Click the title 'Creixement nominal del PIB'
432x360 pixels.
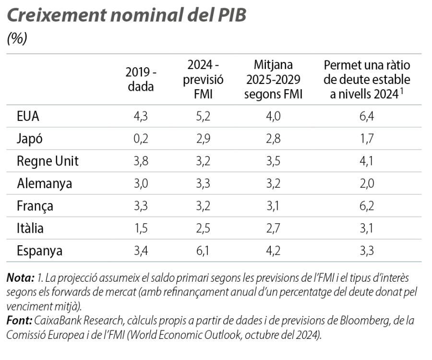pyautogui.click(x=127, y=15)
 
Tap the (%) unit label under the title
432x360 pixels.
pyautogui.click(x=17, y=39)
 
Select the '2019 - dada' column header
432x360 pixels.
pyautogui.click(x=141, y=79)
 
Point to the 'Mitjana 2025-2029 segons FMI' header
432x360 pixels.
pyautogui.click(x=273, y=79)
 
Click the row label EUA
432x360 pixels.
pyautogui.click(x=28, y=116)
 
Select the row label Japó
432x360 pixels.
pyautogui.click(x=30, y=139)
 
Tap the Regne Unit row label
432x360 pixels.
pyautogui.click(x=48, y=161)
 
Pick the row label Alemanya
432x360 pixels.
pyautogui.click(x=44, y=183)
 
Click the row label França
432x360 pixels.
pyautogui.click(x=35, y=206)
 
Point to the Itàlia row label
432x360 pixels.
pyautogui.click(x=30, y=228)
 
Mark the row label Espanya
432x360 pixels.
pyautogui.click(x=40, y=251)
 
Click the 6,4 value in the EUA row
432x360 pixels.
pyautogui.click(x=367, y=116)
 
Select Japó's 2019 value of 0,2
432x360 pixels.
pyautogui.click(x=141, y=139)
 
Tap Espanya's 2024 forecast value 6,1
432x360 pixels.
pyautogui.click(x=203, y=251)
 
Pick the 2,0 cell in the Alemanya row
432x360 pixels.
pyautogui.click(x=367, y=183)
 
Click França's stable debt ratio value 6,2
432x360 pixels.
pyautogui.click(x=367, y=206)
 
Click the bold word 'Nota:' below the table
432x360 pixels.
pyautogui.click(x=20, y=277)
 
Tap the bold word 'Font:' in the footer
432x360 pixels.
pyautogui.click(x=20, y=320)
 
